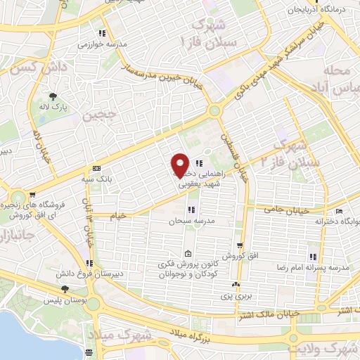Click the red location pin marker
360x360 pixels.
[x=180, y=165]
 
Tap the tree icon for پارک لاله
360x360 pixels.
[x=53, y=98]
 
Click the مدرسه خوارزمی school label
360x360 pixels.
[x=106, y=44]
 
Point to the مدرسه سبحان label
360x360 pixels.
[x=184, y=221]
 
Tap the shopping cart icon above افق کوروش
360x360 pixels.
[x=240, y=245]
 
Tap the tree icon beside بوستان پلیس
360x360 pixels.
[x=65, y=289]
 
